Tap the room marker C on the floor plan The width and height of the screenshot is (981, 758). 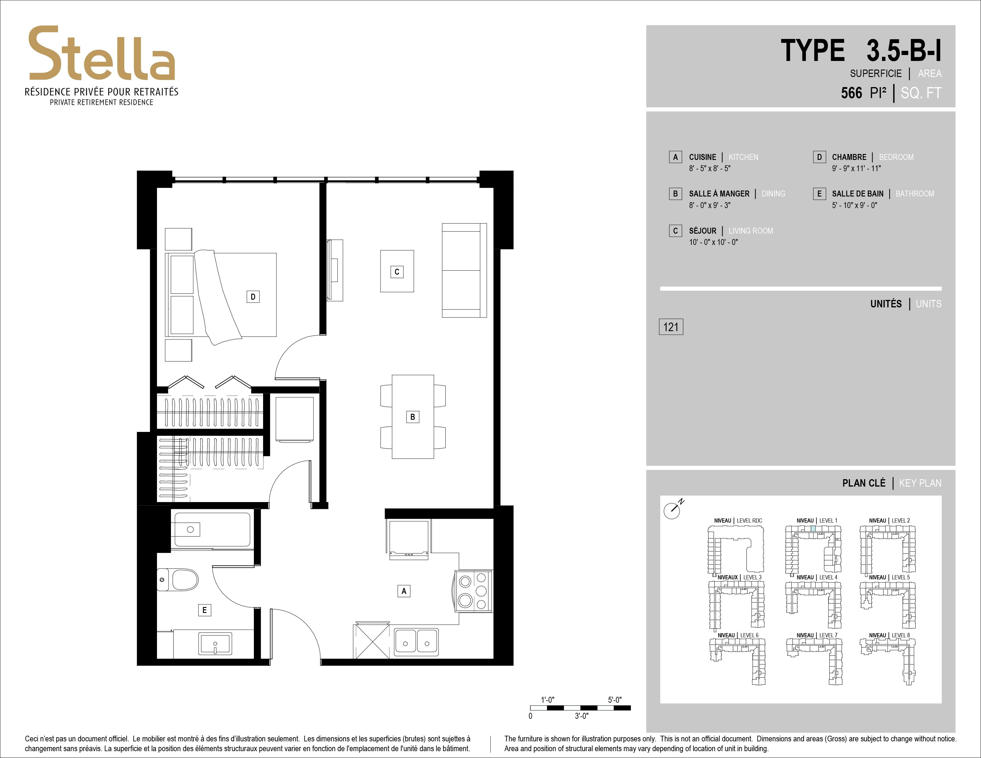(x=397, y=272)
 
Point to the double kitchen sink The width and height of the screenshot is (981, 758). (x=416, y=642)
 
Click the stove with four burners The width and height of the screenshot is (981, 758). (x=474, y=591)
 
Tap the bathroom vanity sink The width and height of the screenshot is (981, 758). (x=215, y=644)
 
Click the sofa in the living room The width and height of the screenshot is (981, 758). (x=464, y=270)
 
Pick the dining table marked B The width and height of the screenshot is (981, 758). (x=413, y=417)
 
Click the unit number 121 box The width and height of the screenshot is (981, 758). (x=671, y=327)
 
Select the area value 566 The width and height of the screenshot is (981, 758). (x=852, y=93)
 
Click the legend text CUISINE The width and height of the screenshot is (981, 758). (x=702, y=157)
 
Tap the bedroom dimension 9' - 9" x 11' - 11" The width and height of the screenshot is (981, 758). (x=856, y=168)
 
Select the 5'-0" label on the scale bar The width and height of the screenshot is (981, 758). (x=614, y=700)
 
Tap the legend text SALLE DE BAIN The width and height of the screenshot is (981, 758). (x=857, y=194)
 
